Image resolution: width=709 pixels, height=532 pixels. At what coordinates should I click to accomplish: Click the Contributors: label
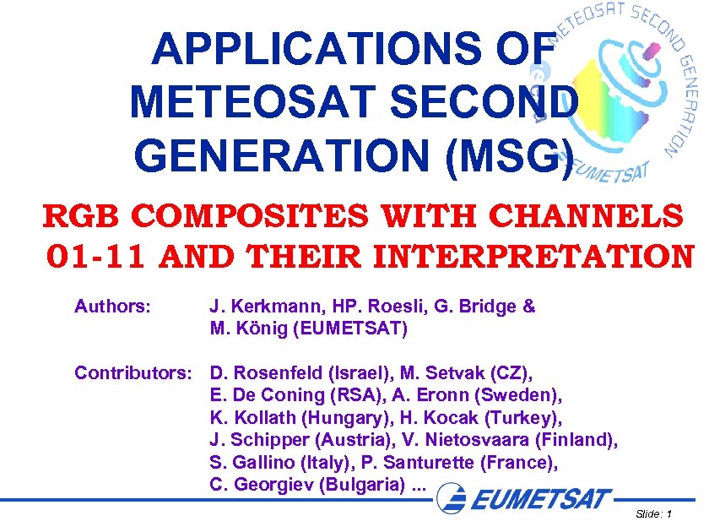[x=135, y=372]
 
